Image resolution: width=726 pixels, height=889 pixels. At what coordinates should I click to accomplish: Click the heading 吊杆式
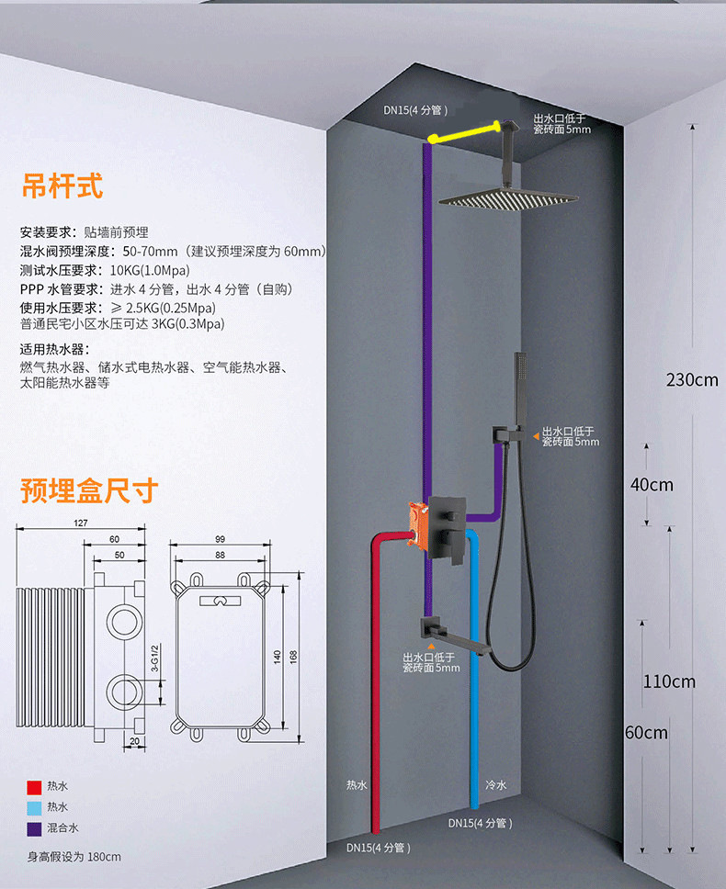click(x=62, y=186)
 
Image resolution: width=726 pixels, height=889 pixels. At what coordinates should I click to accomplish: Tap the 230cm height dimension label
click(x=692, y=378)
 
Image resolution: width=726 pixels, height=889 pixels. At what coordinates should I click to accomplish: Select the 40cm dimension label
click(x=652, y=484)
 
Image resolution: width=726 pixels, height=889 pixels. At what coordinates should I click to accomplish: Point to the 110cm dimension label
click(x=669, y=681)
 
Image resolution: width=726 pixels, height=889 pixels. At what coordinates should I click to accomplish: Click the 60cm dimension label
click(x=646, y=732)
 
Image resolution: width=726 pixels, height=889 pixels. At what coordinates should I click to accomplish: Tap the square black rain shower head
click(x=508, y=197)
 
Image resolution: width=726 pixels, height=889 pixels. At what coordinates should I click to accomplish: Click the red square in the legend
click(x=33, y=787)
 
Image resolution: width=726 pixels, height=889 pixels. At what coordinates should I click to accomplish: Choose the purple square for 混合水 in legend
click(x=33, y=828)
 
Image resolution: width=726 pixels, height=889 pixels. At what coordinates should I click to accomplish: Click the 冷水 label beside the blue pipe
click(x=495, y=785)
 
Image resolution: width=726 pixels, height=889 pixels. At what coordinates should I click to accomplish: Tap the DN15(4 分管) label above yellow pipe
click(x=415, y=110)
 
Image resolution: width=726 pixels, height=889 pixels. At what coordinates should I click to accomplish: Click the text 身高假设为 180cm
click(x=74, y=856)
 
